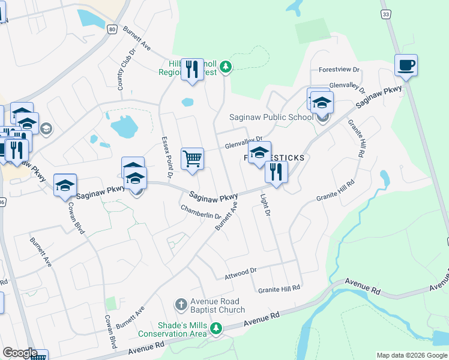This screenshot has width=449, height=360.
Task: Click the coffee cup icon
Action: coord(406,65)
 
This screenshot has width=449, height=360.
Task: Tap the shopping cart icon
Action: coord(192,159)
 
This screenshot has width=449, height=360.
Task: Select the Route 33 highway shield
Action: coord(386,14)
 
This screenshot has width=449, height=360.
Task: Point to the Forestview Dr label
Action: coord(339,70)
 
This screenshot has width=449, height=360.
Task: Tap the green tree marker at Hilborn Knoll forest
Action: coord(225,67)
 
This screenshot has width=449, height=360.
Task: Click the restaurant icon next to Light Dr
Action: coord(276,172)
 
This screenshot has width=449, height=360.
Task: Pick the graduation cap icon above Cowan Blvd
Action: coord(65,185)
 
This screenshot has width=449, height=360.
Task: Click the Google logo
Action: coord(20,353)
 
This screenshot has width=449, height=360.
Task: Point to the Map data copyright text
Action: coord(411,355)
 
